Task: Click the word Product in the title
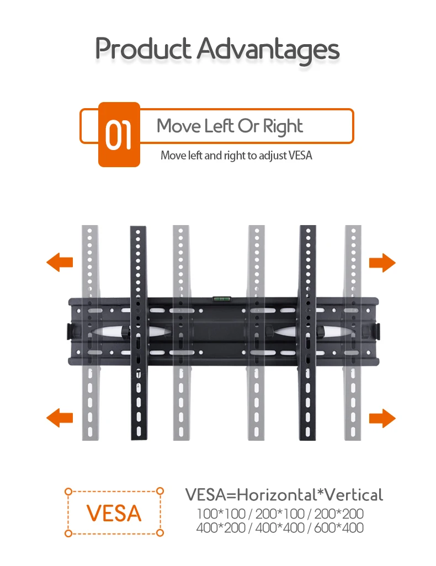(143, 49)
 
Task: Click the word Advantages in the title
(268, 50)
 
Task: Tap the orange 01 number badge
(119, 135)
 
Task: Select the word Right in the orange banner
(283, 127)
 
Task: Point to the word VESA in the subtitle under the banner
(300, 156)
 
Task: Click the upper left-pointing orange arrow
(60, 263)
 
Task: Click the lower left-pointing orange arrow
(60, 418)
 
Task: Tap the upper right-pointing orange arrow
(382, 263)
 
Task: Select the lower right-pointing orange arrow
(382, 418)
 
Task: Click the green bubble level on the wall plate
(221, 298)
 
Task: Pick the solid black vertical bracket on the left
(139, 333)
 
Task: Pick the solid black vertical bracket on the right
(308, 333)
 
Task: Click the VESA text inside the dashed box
(114, 513)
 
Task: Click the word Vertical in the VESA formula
(353, 494)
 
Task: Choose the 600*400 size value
(339, 528)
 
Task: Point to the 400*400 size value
(280, 528)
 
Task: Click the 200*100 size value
(280, 514)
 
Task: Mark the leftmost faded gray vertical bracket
(90, 333)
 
